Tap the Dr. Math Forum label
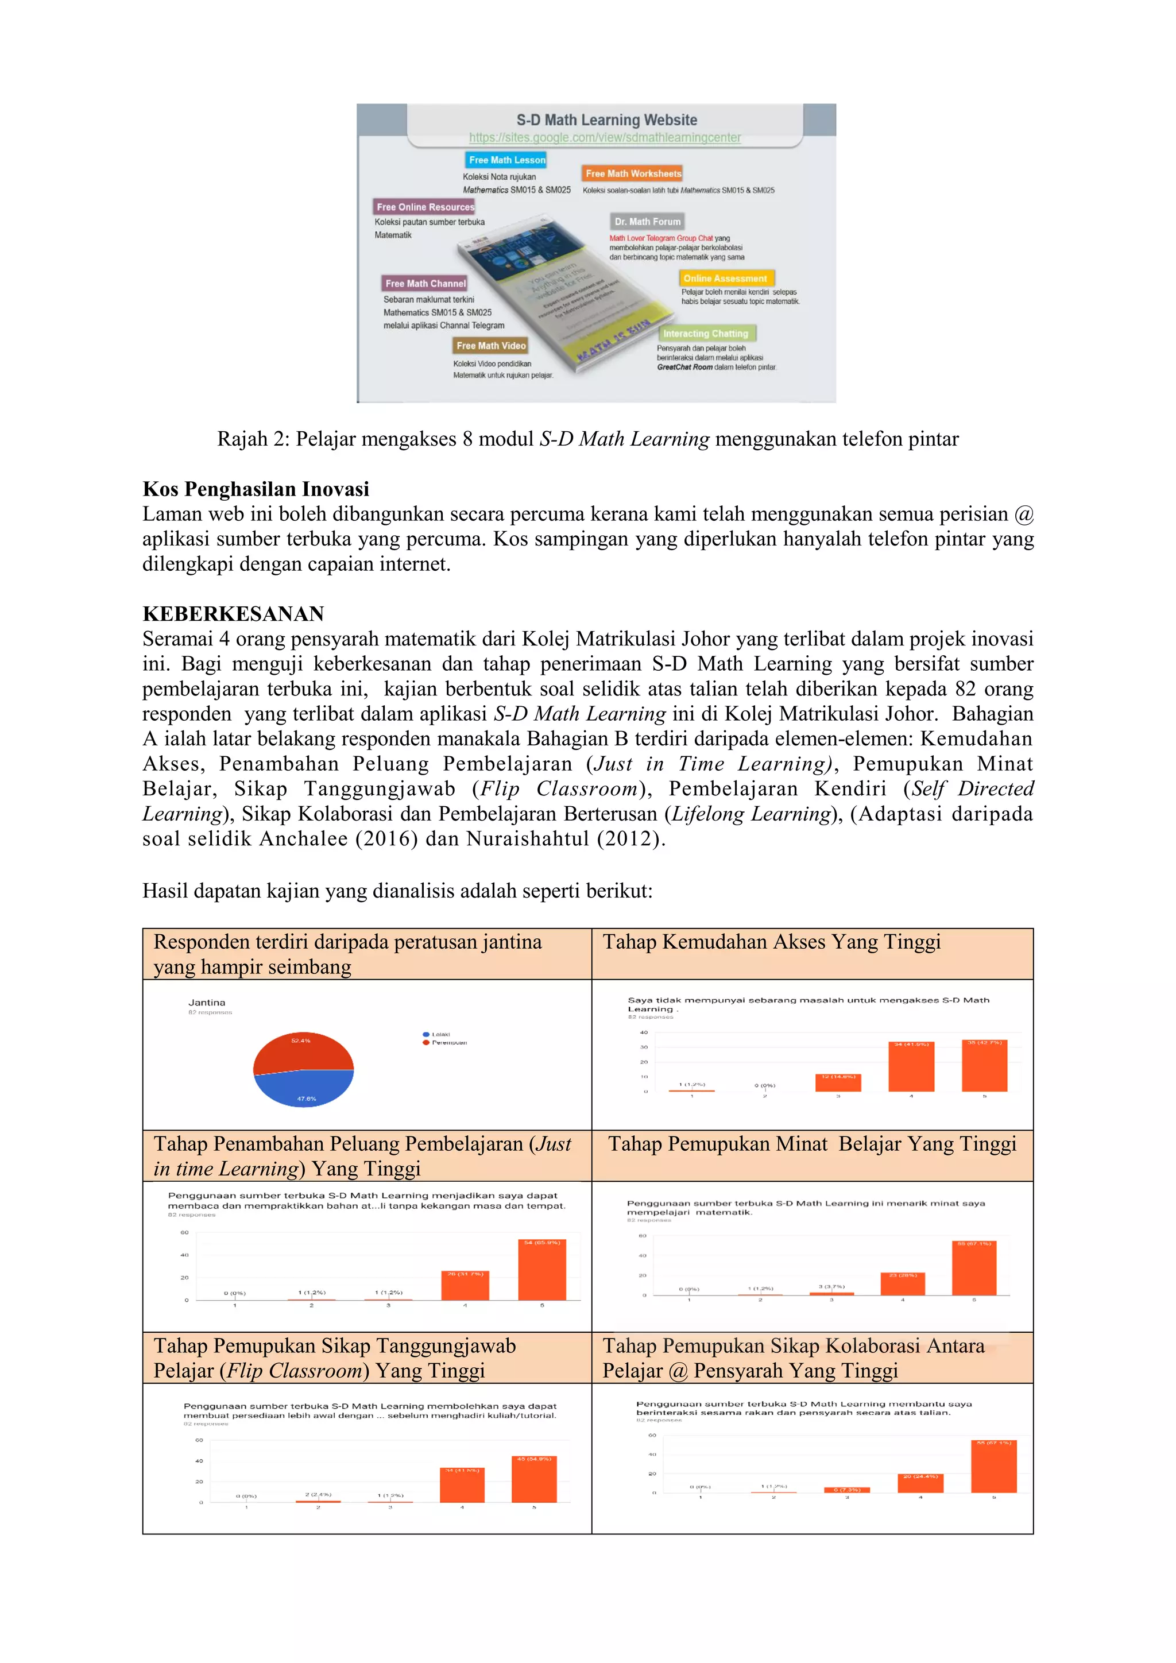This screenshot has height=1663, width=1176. coord(647,222)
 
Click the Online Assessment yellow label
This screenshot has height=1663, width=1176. coord(725,278)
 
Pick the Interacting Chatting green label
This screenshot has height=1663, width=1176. coord(705,333)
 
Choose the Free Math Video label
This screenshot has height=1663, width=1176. coord(491,346)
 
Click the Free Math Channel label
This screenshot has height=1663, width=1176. coord(425,283)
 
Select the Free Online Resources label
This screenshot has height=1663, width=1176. coord(425,207)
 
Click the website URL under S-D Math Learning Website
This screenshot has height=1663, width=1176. coord(605,138)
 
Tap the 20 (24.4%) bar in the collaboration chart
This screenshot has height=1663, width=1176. coord(920,1484)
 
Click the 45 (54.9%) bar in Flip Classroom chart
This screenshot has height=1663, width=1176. coord(533,1480)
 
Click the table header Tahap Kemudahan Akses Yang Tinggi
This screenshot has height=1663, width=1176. coord(771,942)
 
